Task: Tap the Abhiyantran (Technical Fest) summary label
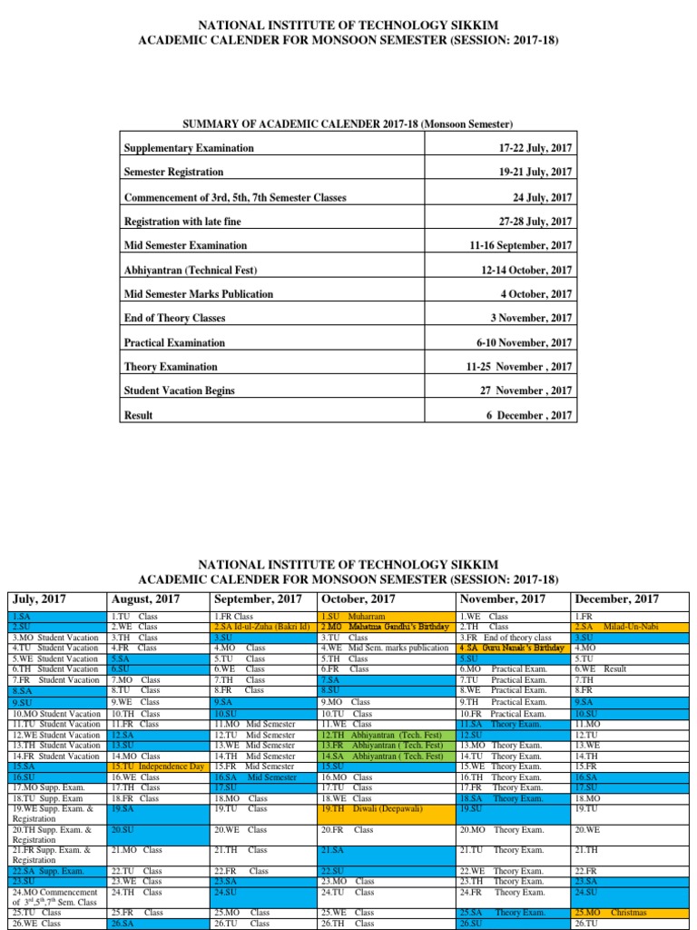coord(190,271)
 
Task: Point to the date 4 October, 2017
coord(533,294)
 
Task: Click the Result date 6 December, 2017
coord(529,415)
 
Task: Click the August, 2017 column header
coord(145,599)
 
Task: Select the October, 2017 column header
coord(357,599)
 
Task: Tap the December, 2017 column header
coord(616,599)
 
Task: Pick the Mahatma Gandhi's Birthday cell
coord(384,627)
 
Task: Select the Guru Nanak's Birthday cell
coord(512,648)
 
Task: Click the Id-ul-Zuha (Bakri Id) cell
coord(262,627)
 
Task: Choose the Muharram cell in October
coord(384,616)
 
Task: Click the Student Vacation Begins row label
coord(179,391)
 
